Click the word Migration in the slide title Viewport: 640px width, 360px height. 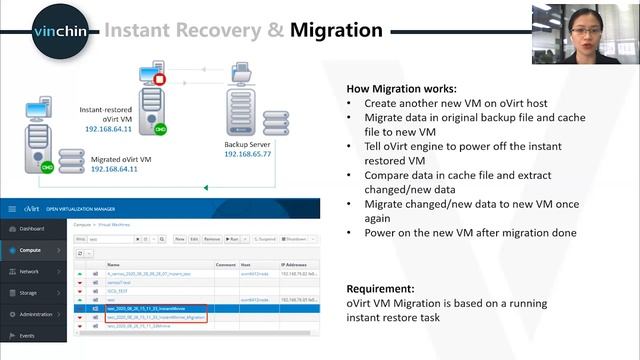coord(336,30)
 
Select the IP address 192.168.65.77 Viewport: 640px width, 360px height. coord(250,155)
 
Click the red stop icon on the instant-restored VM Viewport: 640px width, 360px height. coord(160,76)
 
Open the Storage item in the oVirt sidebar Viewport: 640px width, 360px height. coord(30,292)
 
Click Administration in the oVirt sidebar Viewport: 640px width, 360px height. coord(38,314)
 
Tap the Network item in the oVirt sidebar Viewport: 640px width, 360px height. coord(30,271)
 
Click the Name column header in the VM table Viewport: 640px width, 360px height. coord(113,264)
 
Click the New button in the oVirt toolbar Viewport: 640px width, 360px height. coord(180,240)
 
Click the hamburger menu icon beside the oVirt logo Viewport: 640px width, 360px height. coord(12,209)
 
